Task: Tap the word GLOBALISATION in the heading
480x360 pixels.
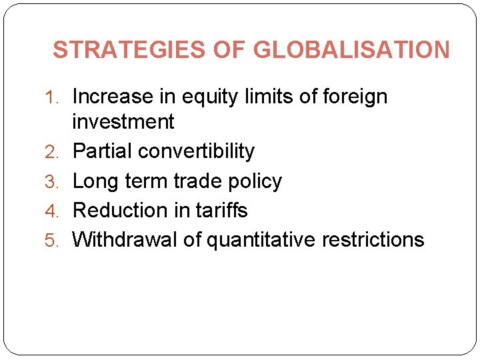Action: (352, 50)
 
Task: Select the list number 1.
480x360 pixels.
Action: (58, 97)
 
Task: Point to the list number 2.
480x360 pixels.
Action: (58, 152)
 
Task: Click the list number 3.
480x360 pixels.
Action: (58, 181)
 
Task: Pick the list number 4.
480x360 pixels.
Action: (58, 211)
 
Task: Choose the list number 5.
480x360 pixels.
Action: (58, 240)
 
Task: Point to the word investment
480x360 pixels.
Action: (123, 122)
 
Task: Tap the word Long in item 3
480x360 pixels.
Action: (95, 181)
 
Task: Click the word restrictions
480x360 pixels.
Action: (373, 239)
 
